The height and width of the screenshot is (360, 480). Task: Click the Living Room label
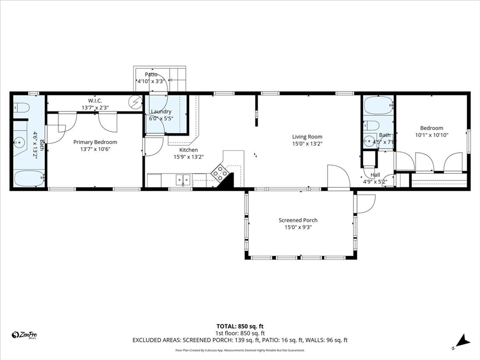(x=307, y=137)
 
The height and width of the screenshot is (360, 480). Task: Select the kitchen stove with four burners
(x=220, y=173)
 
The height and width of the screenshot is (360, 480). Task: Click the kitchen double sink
(x=183, y=179)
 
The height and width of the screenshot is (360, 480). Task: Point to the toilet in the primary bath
(x=21, y=108)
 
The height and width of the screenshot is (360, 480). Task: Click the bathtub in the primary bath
(x=28, y=179)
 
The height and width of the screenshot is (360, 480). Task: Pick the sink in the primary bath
(x=20, y=142)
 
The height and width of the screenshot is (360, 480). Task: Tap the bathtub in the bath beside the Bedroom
(x=378, y=105)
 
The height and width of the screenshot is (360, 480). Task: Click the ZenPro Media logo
(x=24, y=335)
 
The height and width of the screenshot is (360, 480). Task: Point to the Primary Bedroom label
(x=95, y=142)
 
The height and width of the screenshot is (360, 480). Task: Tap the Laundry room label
(x=161, y=112)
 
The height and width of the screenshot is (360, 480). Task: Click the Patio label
(x=151, y=75)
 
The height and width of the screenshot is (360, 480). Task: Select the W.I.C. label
(x=95, y=101)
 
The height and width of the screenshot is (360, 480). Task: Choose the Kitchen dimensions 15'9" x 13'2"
(x=186, y=157)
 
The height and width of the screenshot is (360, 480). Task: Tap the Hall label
(x=375, y=175)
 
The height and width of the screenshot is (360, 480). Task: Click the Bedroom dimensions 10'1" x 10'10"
(x=431, y=135)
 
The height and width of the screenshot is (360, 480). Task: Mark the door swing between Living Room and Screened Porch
(x=338, y=177)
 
